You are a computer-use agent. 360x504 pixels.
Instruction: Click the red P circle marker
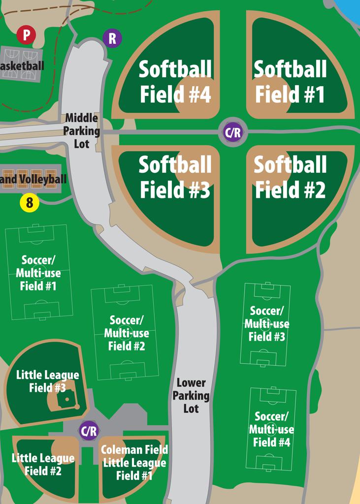(x=26, y=35)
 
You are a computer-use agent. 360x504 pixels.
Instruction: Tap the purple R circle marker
(x=112, y=38)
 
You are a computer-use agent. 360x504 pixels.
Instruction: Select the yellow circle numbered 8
(x=29, y=203)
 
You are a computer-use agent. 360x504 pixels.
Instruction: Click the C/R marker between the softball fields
(x=232, y=132)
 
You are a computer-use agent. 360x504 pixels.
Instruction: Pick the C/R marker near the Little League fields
(x=89, y=431)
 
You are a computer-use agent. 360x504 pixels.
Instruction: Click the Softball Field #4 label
(x=175, y=82)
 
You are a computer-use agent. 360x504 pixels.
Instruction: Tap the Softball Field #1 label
(x=290, y=82)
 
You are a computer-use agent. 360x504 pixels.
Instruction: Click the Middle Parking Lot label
(x=81, y=131)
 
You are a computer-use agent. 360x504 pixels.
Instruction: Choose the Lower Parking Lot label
(x=191, y=395)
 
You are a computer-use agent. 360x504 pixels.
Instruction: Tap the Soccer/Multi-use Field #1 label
(x=38, y=273)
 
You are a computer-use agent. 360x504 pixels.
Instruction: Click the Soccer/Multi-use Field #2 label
(x=127, y=333)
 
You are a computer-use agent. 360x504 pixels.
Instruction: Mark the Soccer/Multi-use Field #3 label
(x=267, y=324)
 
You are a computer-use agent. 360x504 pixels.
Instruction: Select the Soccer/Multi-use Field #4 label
(x=271, y=429)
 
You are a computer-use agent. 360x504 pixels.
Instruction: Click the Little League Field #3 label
(x=47, y=381)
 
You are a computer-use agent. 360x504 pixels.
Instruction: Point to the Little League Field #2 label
(x=43, y=464)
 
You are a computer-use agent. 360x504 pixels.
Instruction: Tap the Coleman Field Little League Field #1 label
(x=134, y=462)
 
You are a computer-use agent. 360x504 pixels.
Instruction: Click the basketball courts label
(x=22, y=65)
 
